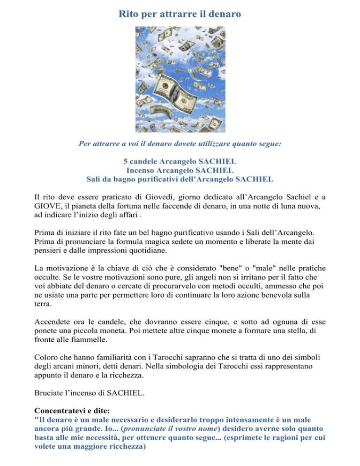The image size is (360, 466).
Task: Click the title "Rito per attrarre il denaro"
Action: [x=180, y=14]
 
